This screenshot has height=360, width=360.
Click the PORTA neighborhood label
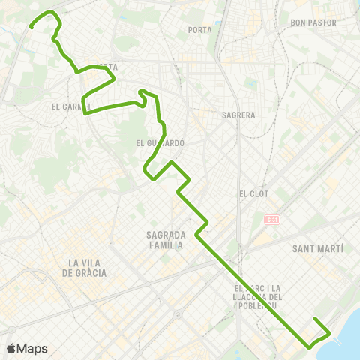coord(200,31)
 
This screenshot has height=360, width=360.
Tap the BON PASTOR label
coord(315,22)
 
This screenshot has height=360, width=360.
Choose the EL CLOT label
coord(253,193)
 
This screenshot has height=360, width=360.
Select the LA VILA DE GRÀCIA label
coord(87,268)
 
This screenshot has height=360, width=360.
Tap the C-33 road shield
coord(271,220)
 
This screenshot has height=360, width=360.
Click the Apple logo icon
coord(12,348)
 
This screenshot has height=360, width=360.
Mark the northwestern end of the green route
coord(31,27)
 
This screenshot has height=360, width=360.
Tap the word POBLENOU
coord(259,305)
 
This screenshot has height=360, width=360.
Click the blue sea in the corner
coord(349,330)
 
